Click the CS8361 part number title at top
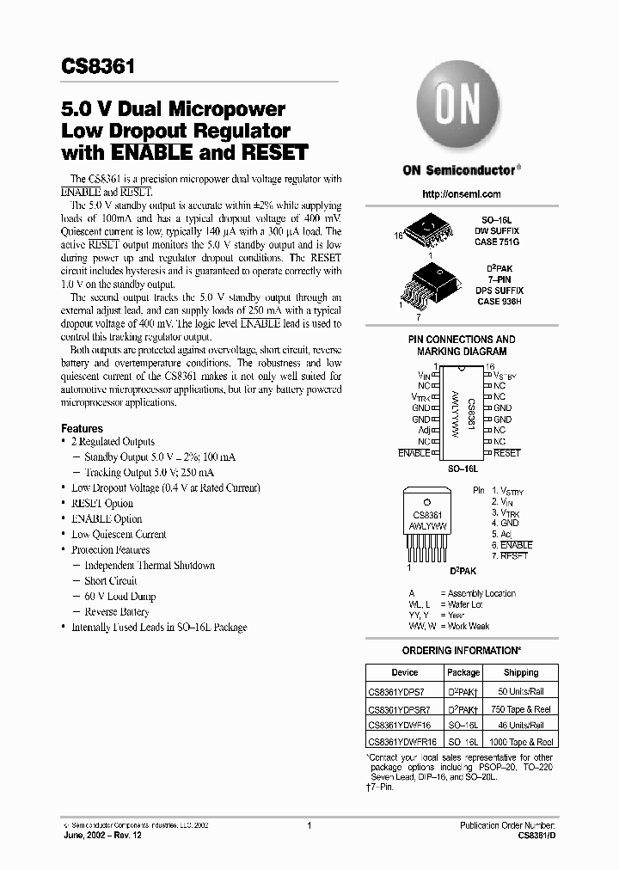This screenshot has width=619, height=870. tap(96, 66)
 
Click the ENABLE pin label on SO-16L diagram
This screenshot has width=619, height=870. tap(414, 452)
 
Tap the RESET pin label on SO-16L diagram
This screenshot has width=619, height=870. tap(507, 452)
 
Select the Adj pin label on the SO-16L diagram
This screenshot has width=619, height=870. tap(424, 429)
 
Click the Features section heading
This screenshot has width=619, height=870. tap(82, 428)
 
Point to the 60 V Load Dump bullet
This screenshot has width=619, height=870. tap(120, 597)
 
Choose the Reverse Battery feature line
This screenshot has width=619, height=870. tap(117, 612)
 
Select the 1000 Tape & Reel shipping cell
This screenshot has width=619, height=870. tap(520, 741)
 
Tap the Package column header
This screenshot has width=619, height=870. tap(463, 672)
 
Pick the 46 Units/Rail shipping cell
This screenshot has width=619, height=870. tap(520, 725)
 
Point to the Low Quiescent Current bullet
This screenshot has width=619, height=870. tap(119, 535)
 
